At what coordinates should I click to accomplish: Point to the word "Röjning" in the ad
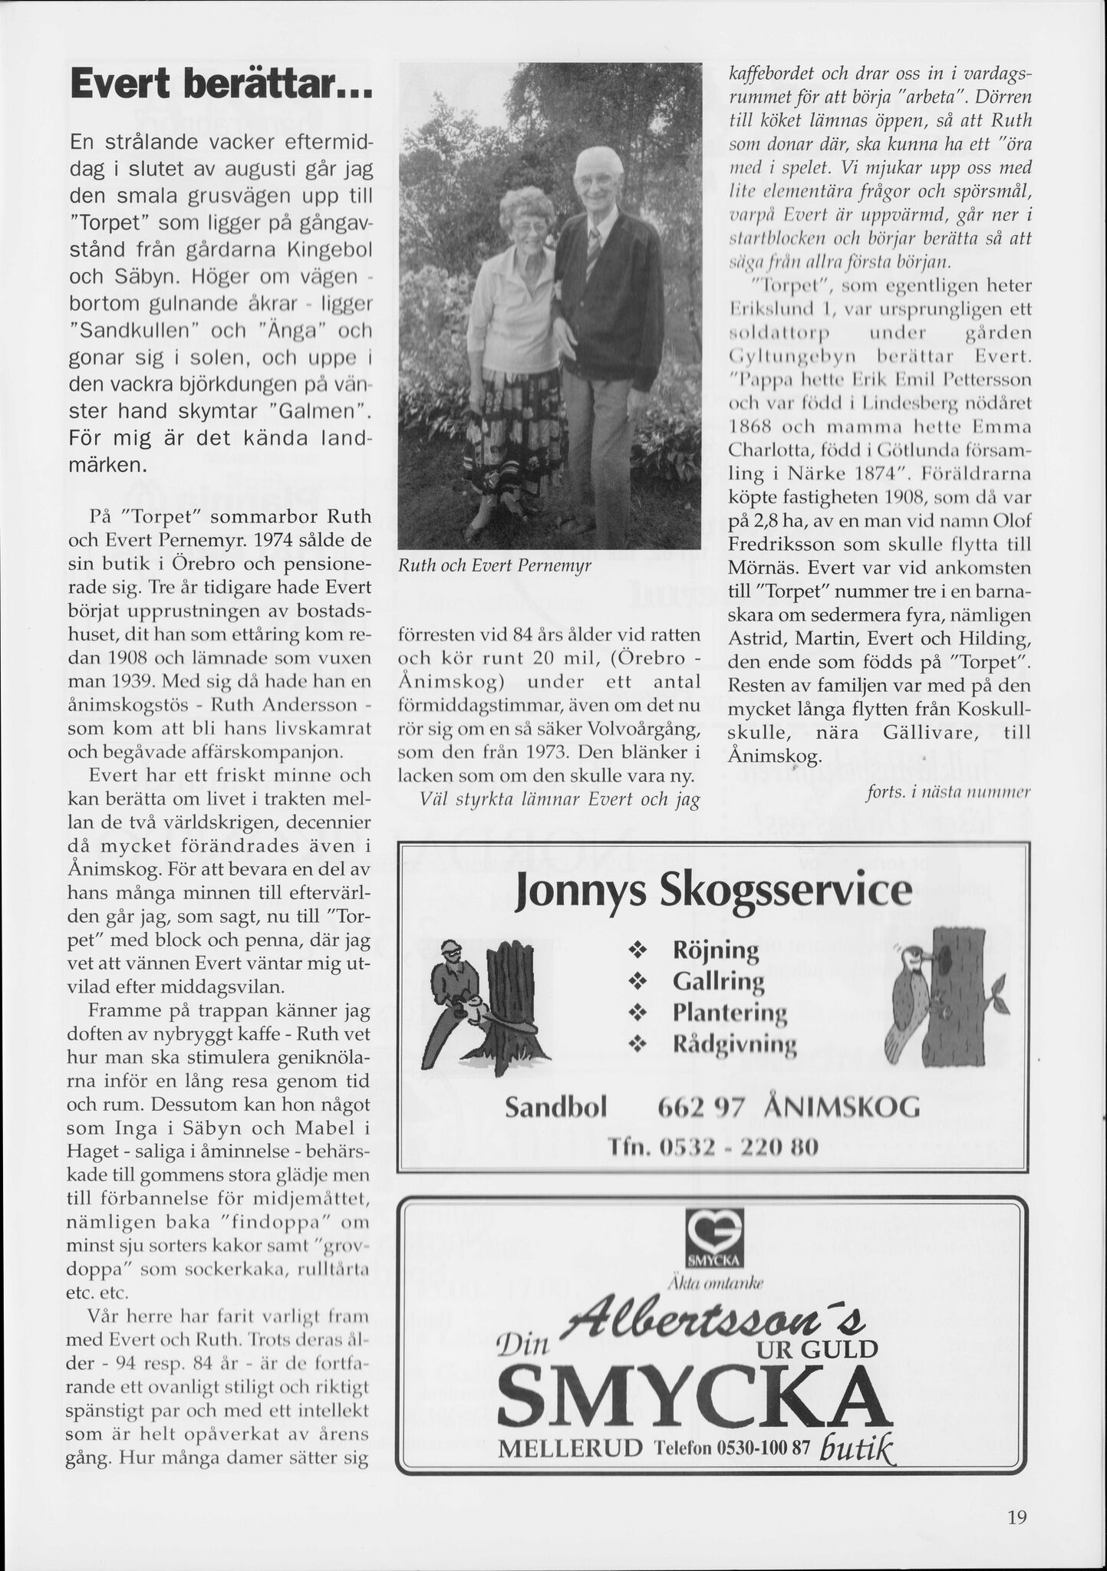pyautogui.click(x=715, y=951)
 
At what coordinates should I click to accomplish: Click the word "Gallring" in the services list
pyautogui.click(x=718, y=982)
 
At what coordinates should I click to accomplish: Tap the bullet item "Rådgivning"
pyautogui.click(x=734, y=1044)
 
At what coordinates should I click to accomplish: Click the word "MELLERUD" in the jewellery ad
pyautogui.click(x=568, y=1448)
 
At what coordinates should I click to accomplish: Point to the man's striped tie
pyautogui.click(x=594, y=253)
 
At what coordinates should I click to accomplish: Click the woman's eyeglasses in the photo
pyautogui.click(x=524, y=228)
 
